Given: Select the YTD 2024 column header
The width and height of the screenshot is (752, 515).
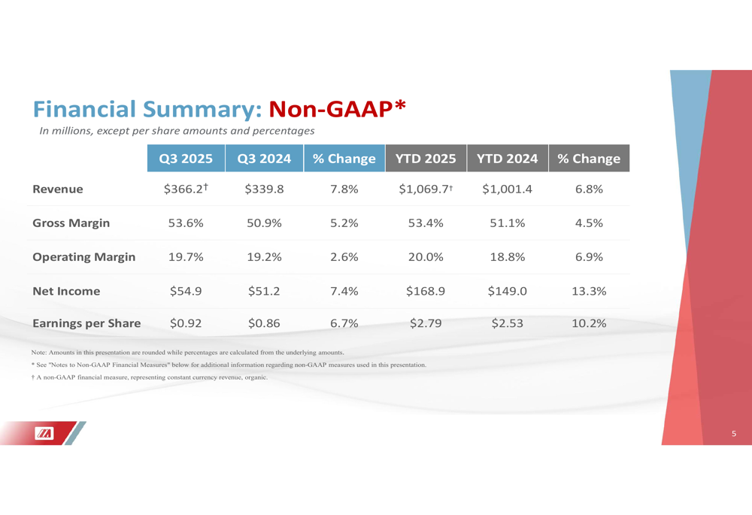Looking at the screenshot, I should (x=508, y=159).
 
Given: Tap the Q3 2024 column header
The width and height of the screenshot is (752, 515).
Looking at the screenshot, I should (x=264, y=159).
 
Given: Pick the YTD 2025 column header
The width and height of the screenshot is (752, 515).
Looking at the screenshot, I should (x=426, y=159).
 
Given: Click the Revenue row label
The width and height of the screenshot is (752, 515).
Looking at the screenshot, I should (x=57, y=189).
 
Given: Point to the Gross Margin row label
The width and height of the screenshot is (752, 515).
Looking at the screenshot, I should (x=71, y=223).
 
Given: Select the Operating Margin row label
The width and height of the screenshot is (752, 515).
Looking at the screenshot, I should (x=83, y=257).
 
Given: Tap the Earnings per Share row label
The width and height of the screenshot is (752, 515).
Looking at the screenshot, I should (x=86, y=324).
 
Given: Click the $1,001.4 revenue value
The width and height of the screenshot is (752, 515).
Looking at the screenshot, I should (x=508, y=189).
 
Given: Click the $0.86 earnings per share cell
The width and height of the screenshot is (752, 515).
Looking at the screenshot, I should (x=264, y=324).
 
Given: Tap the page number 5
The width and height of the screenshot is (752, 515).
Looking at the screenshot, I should (x=734, y=434).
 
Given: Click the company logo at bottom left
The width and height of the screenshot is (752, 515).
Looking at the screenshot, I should (x=46, y=434).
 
